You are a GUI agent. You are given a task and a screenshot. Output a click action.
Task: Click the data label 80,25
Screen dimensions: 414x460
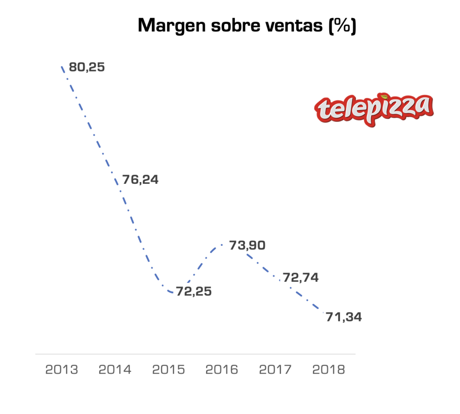pyautogui.click(x=87, y=67)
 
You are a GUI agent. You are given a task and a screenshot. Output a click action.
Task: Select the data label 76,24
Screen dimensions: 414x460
pyautogui.click(x=140, y=180)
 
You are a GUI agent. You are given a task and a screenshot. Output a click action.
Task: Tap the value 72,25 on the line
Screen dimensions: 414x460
pyautogui.click(x=193, y=291)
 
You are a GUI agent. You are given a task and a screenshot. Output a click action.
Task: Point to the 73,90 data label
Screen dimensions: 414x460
pyautogui.click(x=247, y=245)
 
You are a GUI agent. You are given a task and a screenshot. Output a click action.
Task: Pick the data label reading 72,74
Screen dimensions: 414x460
pyautogui.click(x=301, y=277)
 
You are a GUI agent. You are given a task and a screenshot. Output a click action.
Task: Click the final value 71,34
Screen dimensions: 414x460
pyautogui.click(x=344, y=317)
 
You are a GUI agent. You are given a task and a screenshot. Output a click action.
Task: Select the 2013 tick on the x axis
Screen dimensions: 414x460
pyautogui.click(x=62, y=370)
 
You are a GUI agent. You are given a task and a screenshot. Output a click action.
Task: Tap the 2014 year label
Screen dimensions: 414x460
pyautogui.click(x=115, y=370)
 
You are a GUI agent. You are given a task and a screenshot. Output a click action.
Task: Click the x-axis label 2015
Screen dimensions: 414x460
pyautogui.click(x=168, y=370)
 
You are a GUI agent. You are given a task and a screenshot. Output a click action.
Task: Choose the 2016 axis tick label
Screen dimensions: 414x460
pyautogui.click(x=222, y=370)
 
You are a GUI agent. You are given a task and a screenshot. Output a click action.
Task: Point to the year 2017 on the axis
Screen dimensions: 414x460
pyautogui.click(x=275, y=370)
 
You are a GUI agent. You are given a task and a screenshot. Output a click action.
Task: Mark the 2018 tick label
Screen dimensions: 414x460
pyautogui.click(x=328, y=370)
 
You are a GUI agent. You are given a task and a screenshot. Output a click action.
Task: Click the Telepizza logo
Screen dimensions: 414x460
pyautogui.click(x=374, y=109)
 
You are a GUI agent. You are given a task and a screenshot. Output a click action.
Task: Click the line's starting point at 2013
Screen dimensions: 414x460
pyautogui.click(x=62, y=67)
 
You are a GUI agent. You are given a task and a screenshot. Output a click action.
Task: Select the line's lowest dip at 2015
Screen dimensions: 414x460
pyautogui.click(x=171, y=293)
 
